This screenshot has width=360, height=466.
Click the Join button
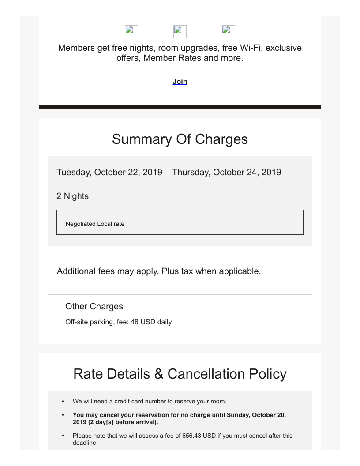(180, 82)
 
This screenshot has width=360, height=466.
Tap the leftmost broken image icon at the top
(131, 32)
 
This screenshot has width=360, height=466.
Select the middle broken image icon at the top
(180, 32)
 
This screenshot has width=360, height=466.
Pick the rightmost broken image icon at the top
(229, 32)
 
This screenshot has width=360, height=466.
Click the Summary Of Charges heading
(180, 139)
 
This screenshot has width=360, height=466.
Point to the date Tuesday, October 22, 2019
(109, 172)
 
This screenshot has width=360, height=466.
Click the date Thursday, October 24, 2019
(226, 172)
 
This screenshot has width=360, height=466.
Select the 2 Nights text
(72, 196)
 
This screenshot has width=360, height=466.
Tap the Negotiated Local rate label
(95, 224)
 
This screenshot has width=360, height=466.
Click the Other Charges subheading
(94, 306)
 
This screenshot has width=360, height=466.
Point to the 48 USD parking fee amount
(143, 322)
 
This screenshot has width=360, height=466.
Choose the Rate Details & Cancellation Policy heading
(180, 374)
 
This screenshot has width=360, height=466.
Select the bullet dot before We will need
(63, 401)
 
